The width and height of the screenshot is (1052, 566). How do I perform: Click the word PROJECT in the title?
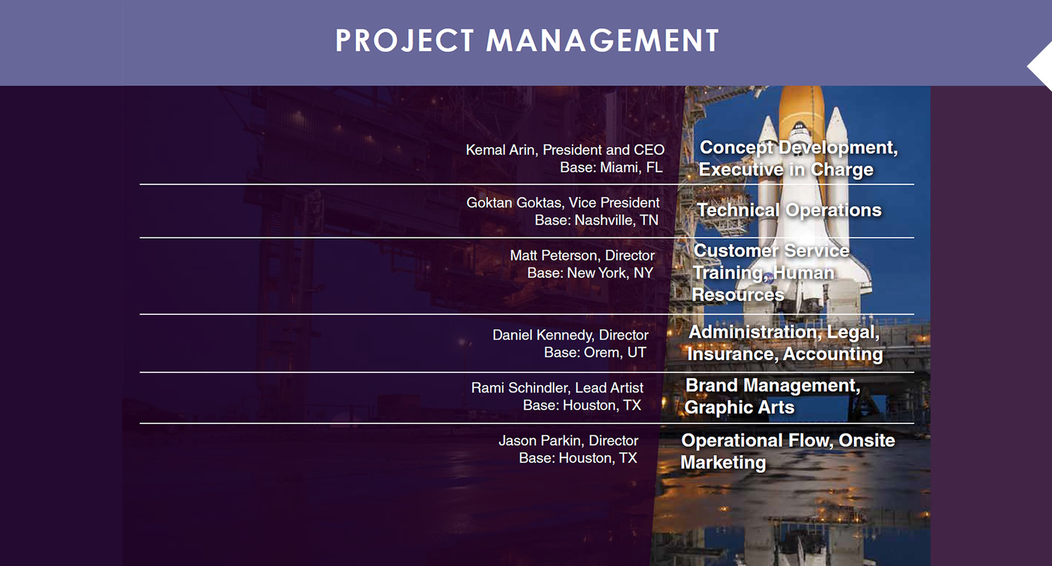pyautogui.click(x=405, y=41)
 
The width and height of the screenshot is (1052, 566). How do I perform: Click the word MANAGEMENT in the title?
pyautogui.click(x=603, y=41)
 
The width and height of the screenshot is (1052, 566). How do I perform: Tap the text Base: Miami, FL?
pyautogui.click(x=611, y=167)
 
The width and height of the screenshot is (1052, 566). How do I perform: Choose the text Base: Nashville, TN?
pyautogui.click(x=596, y=220)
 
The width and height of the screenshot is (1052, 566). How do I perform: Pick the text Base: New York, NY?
pyautogui.click(x=590, y=273)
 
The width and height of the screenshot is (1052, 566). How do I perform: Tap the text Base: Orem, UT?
pyautogui.click(x=595, y=352)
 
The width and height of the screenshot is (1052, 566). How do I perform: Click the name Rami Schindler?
pyautogui.click(x=519, y=388)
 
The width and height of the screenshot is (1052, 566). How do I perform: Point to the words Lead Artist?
pyautogui.click(x=609, y=388)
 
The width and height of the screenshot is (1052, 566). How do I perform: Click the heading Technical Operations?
pyautogui.click(x=789, y=210)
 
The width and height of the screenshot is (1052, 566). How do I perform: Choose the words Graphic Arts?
pyautogui.click(x=740, y=408)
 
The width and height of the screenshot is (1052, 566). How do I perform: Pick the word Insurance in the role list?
pyautogui.click(x=732, y=354)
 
